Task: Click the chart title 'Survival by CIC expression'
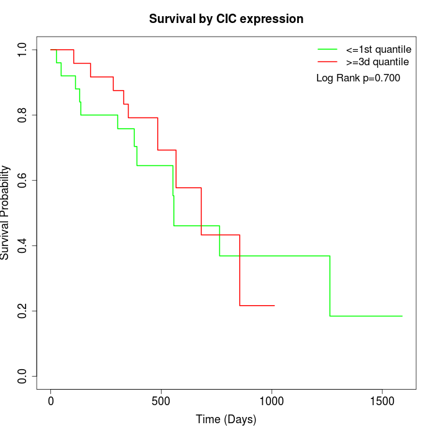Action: pyautogui.click(x=226, y=19)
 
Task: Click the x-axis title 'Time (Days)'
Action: pyautogui.click(x=226, y=420)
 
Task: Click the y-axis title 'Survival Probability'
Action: pyautogui.click(x=6, y=213)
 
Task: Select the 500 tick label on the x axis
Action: pyautogui.click(x=161, y=401)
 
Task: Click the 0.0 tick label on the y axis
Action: pyautogui.click(x=22, y=376)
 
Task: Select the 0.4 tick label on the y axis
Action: pyautogui.click(x=22, y=245)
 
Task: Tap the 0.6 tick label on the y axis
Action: pyautogui.click(x=22, y=180)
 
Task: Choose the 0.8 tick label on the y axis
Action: pyautogui.click(x=22, y=115)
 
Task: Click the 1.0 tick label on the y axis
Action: pyautogui.click(x=22, y=50)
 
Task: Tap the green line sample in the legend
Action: pyautogui.click(x=327, y=49)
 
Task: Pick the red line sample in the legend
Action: pyautogui.click(x=327, y=62)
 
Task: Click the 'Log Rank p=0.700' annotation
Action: pyautogui.click(x=358, y=78)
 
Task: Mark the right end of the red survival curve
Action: pyautogui.click(x=274, y=305)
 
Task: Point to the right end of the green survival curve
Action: pyautogui.click(x=402, y=316)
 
